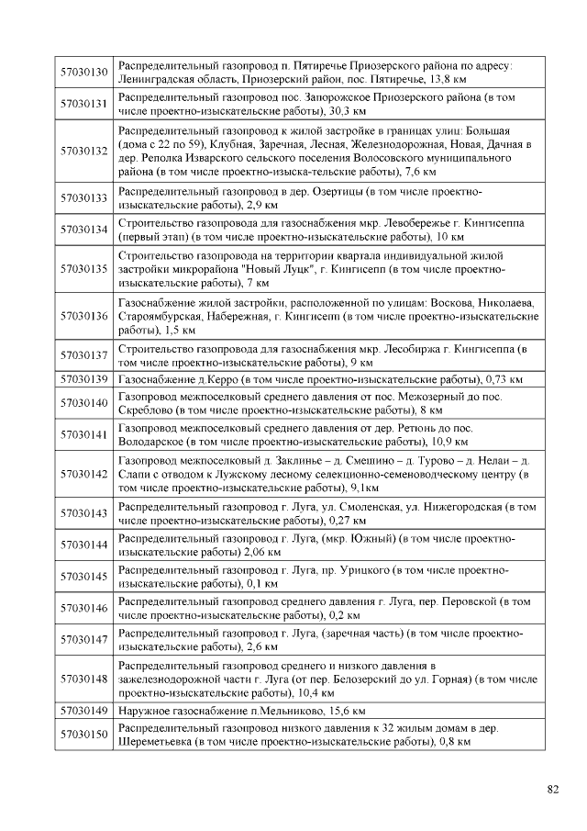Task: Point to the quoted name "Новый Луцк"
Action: tap(287, 270)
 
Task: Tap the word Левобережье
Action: tap(404, 223)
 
